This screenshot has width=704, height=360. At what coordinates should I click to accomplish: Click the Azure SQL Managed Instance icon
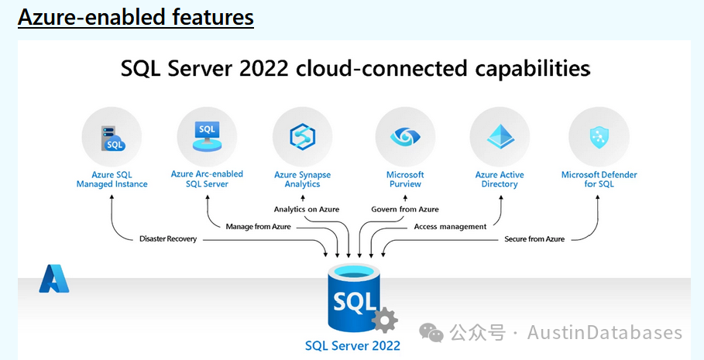tap(112, 139)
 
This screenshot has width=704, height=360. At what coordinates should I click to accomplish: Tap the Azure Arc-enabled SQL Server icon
tap(207, 136)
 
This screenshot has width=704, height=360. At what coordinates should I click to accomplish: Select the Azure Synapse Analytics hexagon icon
tap(302, 136)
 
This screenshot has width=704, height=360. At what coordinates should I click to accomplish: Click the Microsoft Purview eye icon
tap(405, 136)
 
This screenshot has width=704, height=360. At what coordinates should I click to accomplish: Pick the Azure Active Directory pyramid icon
tap(500, 136)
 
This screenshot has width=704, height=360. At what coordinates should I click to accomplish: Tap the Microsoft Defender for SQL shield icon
tap(599, 137)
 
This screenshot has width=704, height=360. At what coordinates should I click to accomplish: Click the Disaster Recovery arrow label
tap(168, 238)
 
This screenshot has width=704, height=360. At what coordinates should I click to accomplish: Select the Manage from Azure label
tap(258, 227)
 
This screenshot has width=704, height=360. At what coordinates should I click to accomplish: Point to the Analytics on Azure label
tap(307, 209)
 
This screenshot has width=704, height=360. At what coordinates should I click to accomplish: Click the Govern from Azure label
tap(405, 209)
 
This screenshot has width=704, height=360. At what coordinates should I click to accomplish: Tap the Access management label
tap(450, 227)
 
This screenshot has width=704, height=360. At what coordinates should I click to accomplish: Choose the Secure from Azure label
tap(534, 238)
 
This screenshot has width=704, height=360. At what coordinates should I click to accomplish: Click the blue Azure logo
tap(54, 279)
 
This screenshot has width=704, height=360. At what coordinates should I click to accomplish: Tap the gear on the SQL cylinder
tap(385, 320)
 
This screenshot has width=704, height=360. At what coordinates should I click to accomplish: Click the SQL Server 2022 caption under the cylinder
tap(352, 345)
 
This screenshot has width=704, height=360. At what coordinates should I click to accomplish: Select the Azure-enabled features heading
tap(136, 18)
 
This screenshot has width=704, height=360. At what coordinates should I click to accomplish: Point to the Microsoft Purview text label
tap(405, 179)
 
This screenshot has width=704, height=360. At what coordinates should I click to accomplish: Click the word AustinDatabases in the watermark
tap(605, 333)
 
